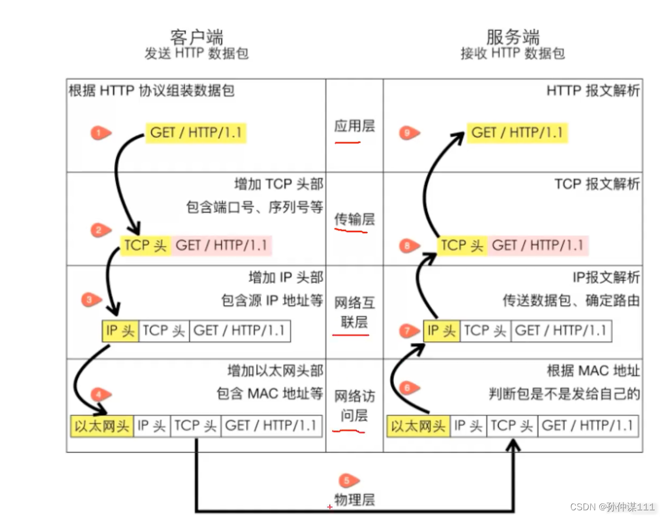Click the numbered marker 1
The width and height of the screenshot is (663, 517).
[x=100, y=133]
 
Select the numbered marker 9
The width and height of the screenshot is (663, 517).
[x=409, y=133]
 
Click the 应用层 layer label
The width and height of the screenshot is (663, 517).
[x=354, y=126]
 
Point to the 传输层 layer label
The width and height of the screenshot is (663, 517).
[x=354, y=220]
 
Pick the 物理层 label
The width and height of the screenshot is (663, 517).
[x=354, y=500]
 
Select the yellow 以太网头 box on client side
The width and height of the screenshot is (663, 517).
[x=102, y=426]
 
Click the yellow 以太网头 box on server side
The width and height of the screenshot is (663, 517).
[x=418, y=426]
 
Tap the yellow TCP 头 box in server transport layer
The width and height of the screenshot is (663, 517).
[x=462, y=245]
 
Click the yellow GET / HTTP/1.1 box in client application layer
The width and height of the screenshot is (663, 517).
[x=196, y=133]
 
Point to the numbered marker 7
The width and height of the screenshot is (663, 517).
[x=409, y=331]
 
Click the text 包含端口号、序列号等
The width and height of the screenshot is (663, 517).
[x=254, y=208]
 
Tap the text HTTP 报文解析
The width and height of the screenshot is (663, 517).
[x=593, y=91]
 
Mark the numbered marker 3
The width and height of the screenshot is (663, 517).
[x=91, y=300]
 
